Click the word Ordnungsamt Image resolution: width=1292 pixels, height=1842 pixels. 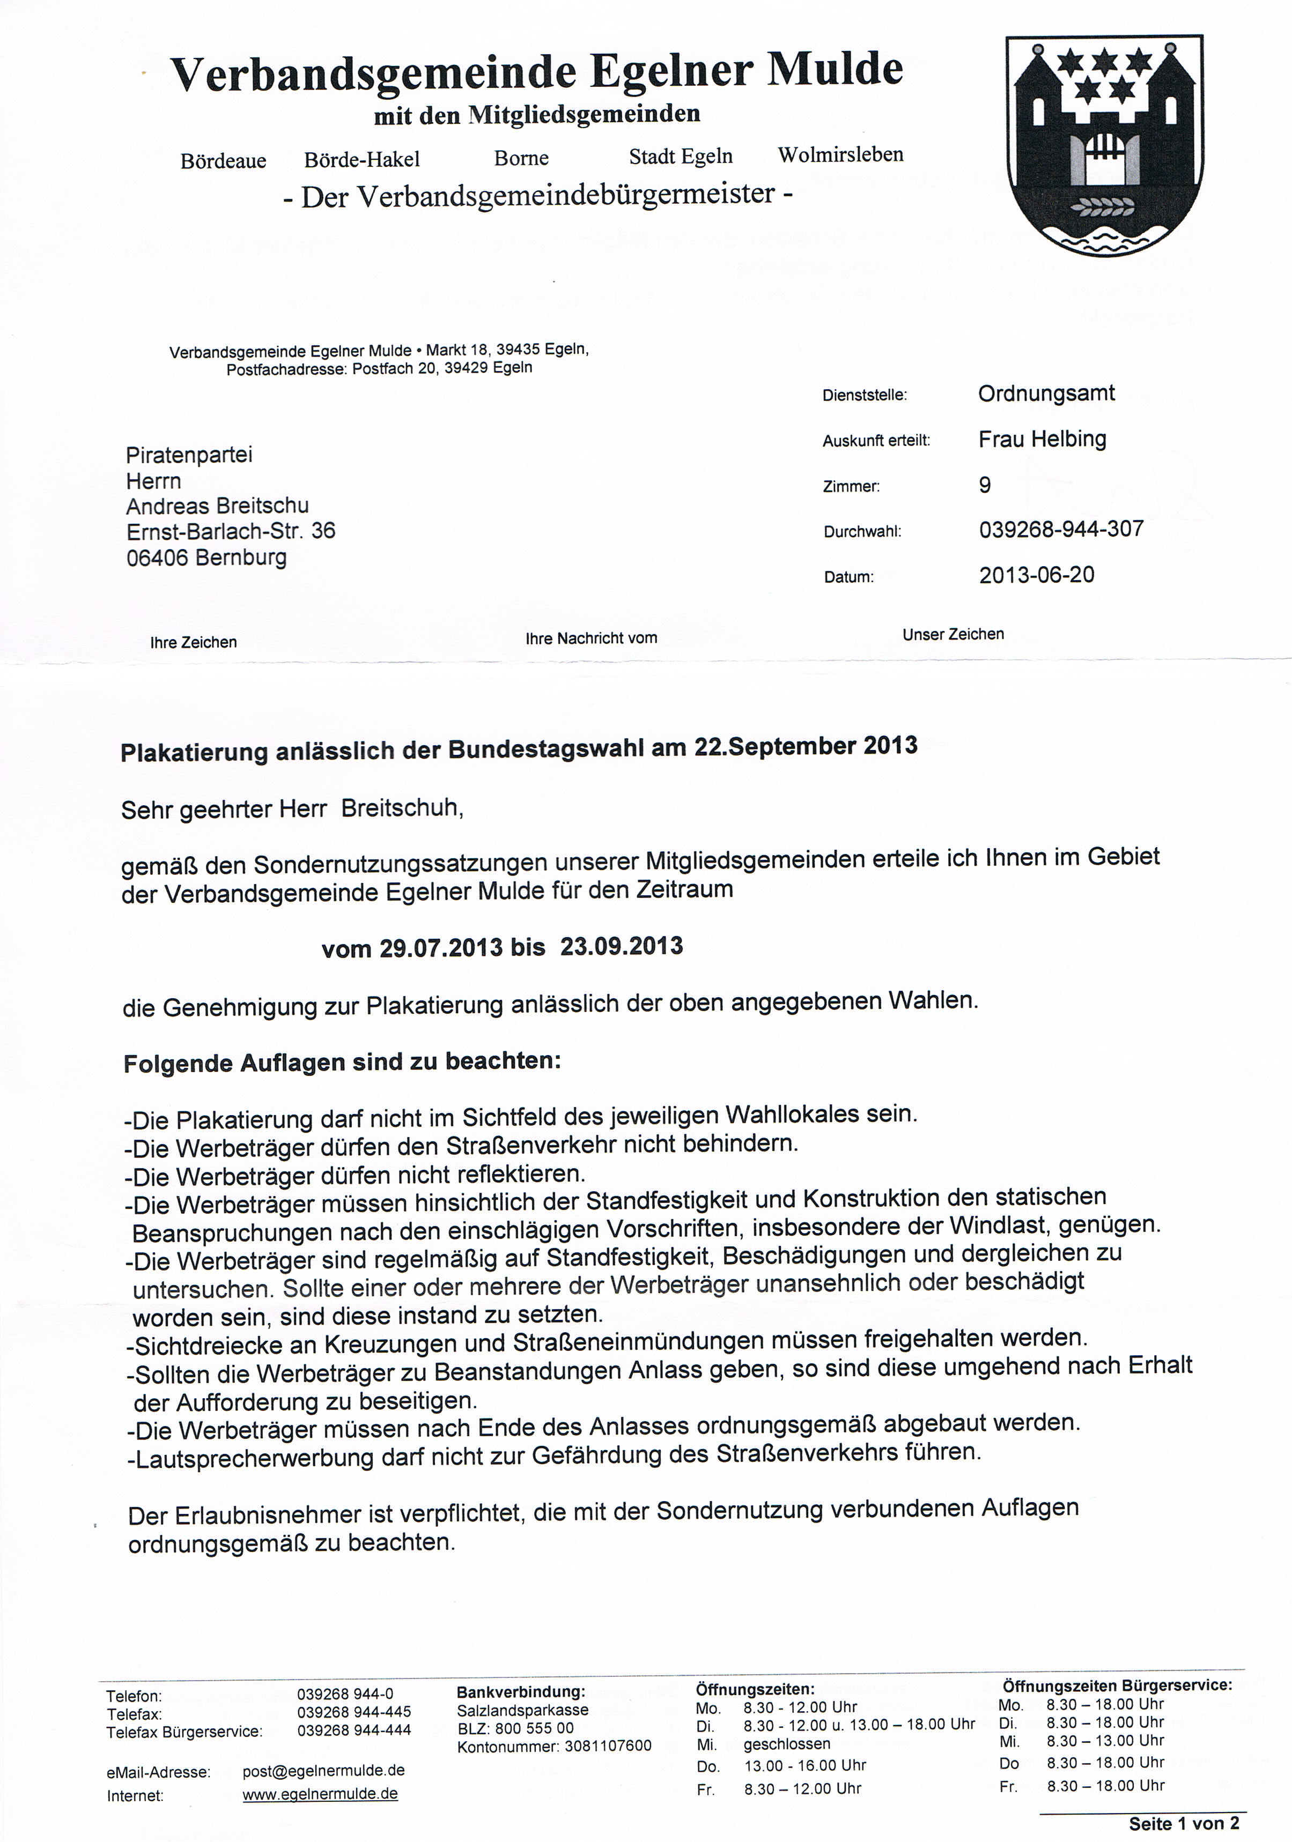(1046, 393)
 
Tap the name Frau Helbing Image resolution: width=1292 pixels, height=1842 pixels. (1042, 439)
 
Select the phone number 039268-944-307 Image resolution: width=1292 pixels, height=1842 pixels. (1061, 530)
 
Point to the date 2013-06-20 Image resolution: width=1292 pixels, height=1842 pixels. (1036, 575)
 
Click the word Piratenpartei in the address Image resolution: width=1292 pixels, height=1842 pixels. (189, 455)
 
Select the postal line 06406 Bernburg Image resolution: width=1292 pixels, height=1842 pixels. (206, 557)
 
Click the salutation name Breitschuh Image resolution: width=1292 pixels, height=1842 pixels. (402, 808)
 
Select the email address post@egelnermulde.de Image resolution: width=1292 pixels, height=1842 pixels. (323, 1770)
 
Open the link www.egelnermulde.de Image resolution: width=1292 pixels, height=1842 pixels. (320, 1794)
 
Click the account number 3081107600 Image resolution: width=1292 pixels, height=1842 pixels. (608, 1746)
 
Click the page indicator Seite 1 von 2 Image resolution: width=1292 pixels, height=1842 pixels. (1184, 1824)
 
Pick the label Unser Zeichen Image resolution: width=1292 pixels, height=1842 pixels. (953, 634)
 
